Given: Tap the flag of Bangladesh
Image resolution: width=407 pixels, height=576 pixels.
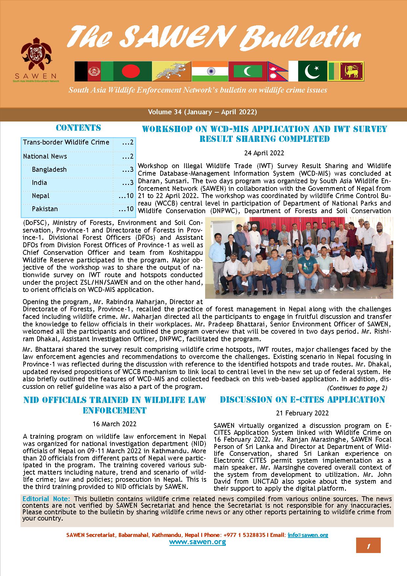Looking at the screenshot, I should click(132, 71).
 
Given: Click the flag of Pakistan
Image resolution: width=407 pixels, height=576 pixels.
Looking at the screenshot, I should click(312, 71).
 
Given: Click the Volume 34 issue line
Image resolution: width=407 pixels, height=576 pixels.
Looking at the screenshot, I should click(202, 112).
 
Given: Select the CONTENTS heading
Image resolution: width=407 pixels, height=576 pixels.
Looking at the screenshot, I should click(78, 128).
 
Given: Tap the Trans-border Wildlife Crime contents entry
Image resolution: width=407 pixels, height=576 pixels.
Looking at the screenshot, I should click(66, 142).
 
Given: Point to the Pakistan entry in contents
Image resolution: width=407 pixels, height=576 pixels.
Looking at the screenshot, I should click(45, 209).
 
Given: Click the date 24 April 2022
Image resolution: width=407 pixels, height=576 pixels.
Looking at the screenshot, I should click(264, 153).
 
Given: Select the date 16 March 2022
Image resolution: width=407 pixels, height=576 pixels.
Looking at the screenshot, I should click(115, 424).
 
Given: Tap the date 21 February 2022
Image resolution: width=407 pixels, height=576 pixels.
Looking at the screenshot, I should click(302, 413).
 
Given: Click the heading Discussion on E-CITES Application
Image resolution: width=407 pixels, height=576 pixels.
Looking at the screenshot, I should click(302, 400).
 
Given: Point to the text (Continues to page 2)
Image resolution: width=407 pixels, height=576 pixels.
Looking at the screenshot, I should click(357, 388).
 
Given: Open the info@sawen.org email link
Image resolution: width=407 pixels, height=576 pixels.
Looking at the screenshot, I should click(308, 535).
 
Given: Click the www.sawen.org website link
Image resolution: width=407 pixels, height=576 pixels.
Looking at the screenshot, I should click(198, 542).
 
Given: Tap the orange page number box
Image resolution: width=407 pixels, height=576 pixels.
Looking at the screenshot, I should click(368, 545).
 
